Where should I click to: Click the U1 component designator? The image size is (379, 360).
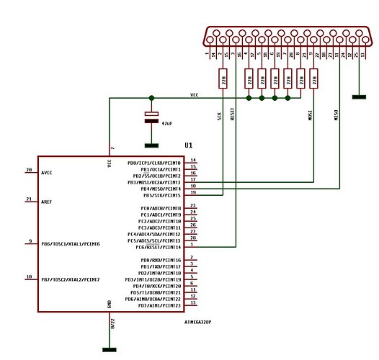coord(189,145)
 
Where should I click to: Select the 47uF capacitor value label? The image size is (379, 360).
coord(166,124)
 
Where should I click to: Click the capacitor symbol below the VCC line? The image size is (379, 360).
coord(151,117)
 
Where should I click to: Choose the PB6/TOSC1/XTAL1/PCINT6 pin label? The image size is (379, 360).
coord(79,244)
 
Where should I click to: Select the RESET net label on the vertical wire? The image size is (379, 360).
coord(232,115)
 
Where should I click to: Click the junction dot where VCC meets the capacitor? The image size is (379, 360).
coord(151,98)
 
